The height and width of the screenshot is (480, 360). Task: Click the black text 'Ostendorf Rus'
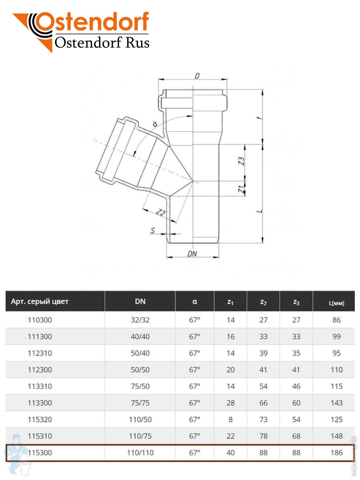(x=102, y=43)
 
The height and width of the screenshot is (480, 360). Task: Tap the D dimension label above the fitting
(x=197, y=76)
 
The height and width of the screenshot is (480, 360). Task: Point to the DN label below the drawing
(x=192, y=254)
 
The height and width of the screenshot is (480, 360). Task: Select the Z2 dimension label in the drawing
(x=161, y=212)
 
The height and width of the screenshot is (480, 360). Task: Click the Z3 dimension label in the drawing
(x=241, y=161)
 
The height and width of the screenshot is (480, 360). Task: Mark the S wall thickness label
(x=152, y=230)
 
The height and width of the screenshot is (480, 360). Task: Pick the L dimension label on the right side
(x=260, y=211)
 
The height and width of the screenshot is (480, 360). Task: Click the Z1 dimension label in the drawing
(x=241, y=189)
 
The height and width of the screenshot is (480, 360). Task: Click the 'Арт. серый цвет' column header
(x=40, y=301)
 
